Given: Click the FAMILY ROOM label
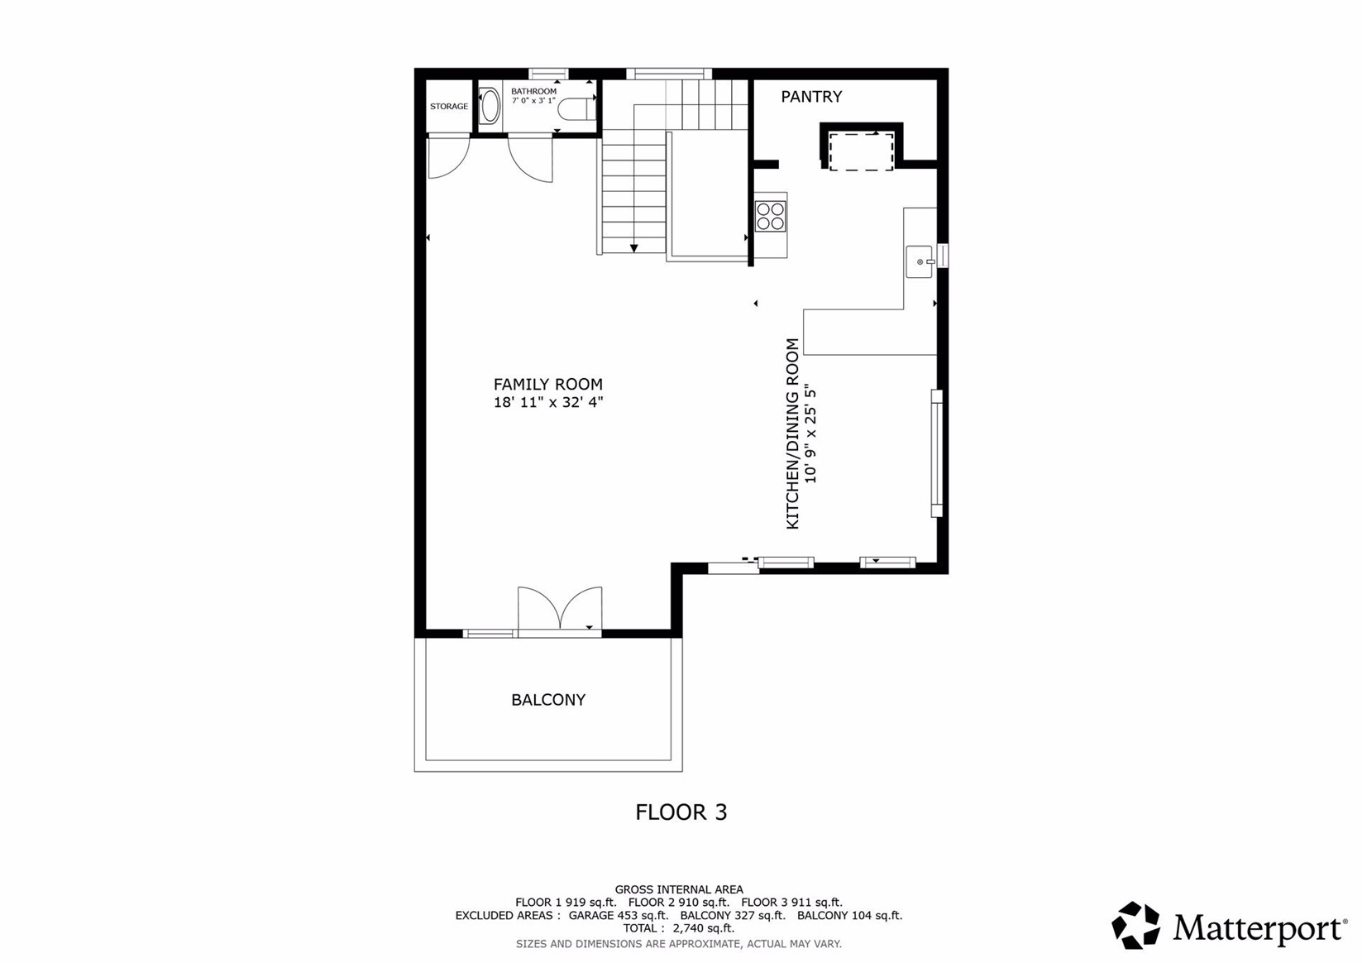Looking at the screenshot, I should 547,384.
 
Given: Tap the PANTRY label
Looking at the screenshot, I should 811,97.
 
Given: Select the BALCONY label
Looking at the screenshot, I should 547,700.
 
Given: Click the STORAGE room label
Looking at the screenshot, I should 448,107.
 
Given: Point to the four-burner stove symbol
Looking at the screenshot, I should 770,216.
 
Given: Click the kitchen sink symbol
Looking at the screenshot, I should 920,262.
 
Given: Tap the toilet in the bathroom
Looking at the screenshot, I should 576,108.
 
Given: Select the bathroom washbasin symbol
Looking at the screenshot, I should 490,107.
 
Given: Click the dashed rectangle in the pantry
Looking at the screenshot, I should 861,151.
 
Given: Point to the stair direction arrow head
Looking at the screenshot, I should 633,247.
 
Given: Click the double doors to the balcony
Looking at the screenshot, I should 560,610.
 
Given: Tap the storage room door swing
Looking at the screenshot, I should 447,157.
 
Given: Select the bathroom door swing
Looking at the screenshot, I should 531,159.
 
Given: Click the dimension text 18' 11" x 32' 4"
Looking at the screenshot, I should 547,403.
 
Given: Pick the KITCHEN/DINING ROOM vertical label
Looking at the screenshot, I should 792,434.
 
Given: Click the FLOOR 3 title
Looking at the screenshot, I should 681,812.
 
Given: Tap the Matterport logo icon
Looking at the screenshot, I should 1135,925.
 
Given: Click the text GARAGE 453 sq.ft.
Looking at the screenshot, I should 618,916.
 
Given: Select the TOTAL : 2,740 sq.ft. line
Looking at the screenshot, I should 678,928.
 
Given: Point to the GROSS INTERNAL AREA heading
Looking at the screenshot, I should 678,890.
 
